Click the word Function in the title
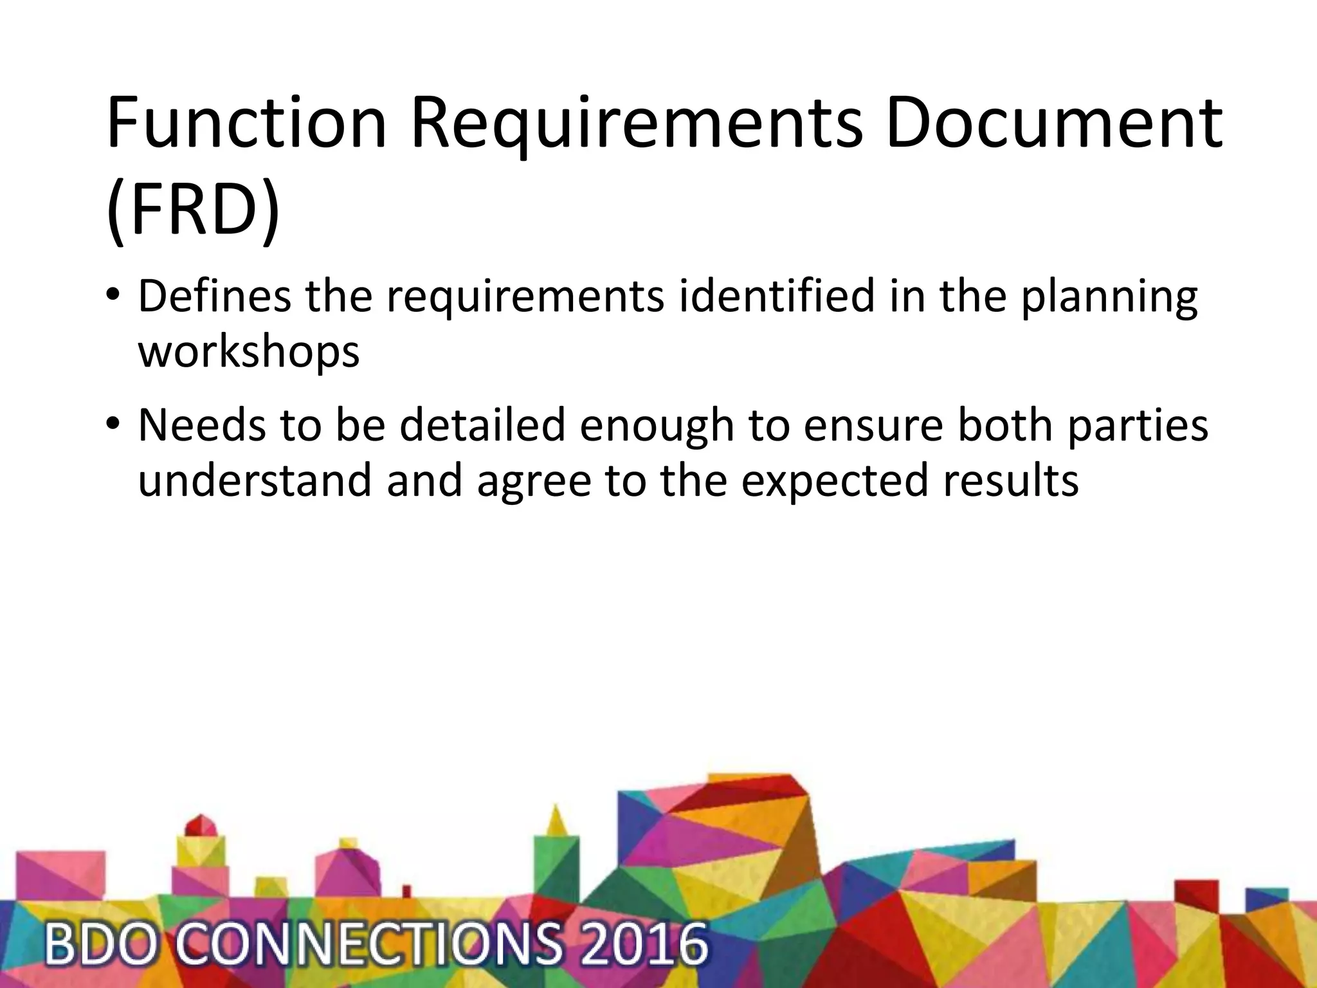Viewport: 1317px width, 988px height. tap(246, 122)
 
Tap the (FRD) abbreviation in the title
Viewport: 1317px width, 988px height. tap(193, 210)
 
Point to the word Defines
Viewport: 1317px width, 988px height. tap(214, 297)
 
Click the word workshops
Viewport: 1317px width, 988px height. tap(249, 352)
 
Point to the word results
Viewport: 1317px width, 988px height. tap(1010, 480)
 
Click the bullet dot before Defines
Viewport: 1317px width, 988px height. tap(113, 297)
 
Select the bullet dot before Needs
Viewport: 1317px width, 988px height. tap(113, 426)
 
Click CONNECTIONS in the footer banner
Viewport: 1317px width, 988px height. tap(367, 944)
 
